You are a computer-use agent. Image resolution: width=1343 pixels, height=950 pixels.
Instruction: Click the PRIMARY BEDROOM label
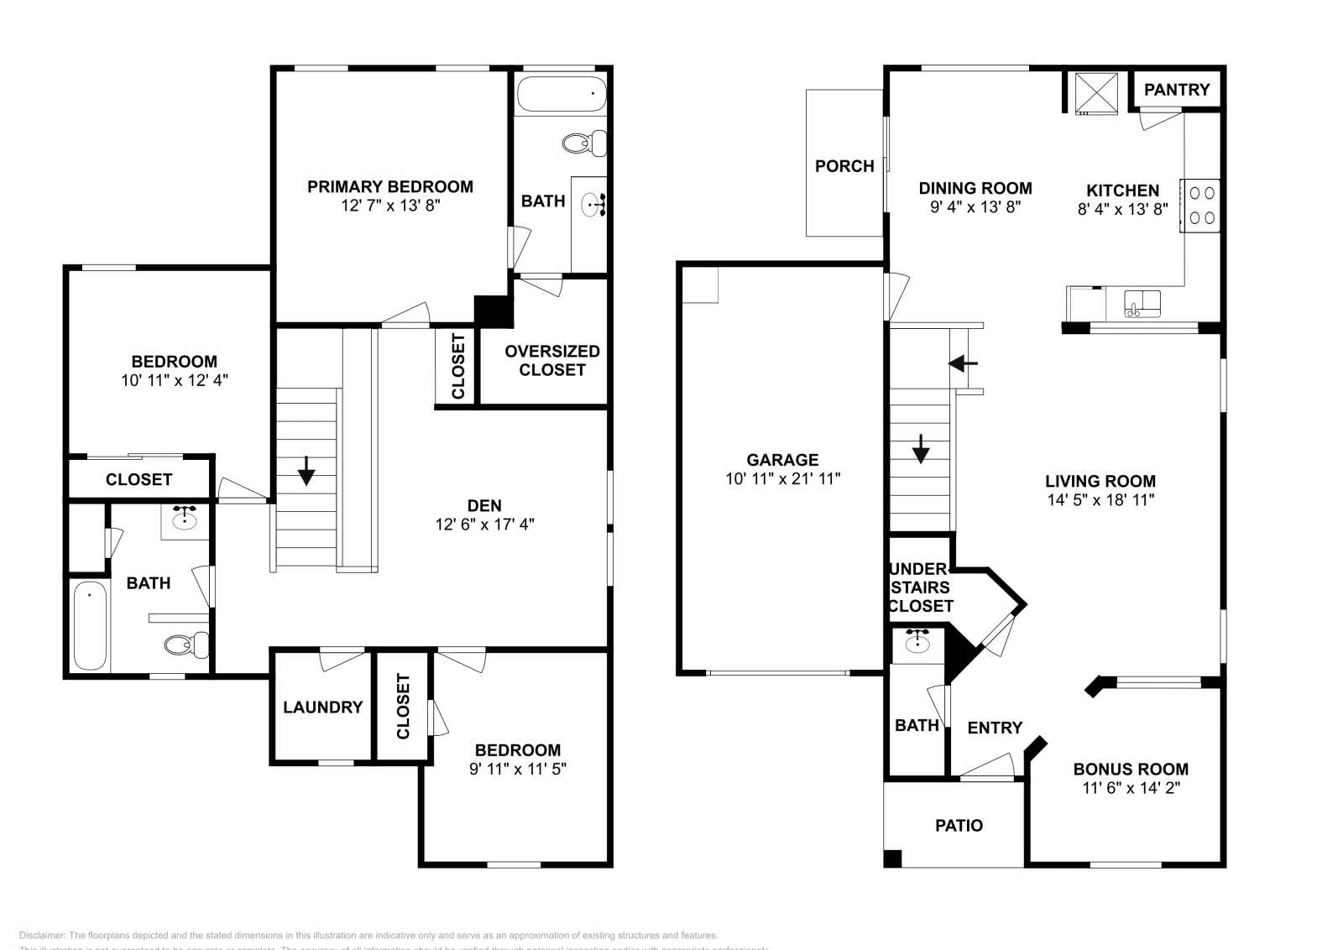(389, 186)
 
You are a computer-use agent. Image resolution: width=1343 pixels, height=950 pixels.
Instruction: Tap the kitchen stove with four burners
(1199, 205)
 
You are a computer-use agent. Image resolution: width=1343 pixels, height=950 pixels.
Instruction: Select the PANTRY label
(1177, 90)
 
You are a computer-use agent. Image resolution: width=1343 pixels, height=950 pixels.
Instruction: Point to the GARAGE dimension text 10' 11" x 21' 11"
(782, 478)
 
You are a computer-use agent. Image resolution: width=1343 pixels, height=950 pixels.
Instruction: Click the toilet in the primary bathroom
(585, 144)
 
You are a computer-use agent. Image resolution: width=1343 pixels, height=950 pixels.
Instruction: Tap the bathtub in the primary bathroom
(561, 94)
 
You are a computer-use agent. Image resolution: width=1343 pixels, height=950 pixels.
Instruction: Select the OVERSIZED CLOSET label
(551, 360)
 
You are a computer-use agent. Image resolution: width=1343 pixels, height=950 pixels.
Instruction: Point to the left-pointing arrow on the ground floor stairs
(963, 363)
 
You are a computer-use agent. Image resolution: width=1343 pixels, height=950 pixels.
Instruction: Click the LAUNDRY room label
(322, 707)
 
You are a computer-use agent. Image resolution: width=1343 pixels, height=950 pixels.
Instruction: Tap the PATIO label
(959, 826)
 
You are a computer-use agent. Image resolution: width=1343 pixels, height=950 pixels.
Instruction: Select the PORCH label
(844, 166)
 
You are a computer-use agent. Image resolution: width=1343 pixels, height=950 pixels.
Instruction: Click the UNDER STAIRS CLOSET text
(921, 587)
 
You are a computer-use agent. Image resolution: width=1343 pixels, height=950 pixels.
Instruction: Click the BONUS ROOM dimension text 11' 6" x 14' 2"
(1131, 788)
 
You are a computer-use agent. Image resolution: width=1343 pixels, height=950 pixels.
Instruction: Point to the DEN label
(484, 505)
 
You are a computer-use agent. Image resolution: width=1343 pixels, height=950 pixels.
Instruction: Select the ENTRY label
(995, 728)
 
